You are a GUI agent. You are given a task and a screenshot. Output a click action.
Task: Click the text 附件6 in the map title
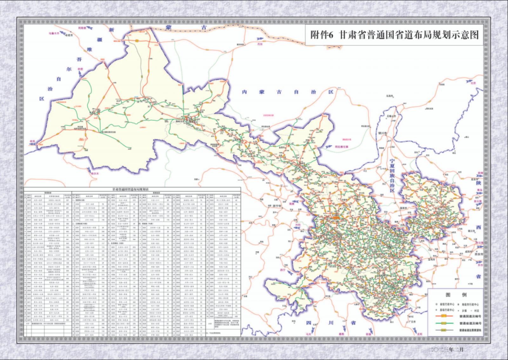point(322,35)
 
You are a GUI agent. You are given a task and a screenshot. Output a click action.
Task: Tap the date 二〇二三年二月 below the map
point(446,350)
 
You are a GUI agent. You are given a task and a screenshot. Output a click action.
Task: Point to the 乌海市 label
point(390,96)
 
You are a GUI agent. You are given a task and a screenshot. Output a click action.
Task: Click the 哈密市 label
point(69,36)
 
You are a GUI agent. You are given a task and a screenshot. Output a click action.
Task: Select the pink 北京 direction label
point(473,83)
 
